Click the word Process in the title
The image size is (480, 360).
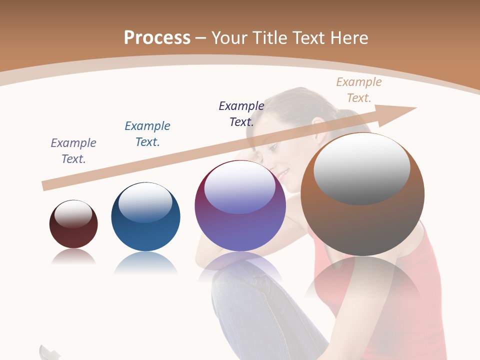(x=157, y=37)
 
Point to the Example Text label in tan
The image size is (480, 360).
(x=358, y=90)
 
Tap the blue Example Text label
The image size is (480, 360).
(x=147, y=134)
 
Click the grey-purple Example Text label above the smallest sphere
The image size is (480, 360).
(x=73, y=151)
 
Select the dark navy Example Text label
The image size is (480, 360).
(x=241, y=113)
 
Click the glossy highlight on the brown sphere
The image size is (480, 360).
(x=361, y=168)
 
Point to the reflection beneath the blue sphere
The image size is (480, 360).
(x=145, y=263)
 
